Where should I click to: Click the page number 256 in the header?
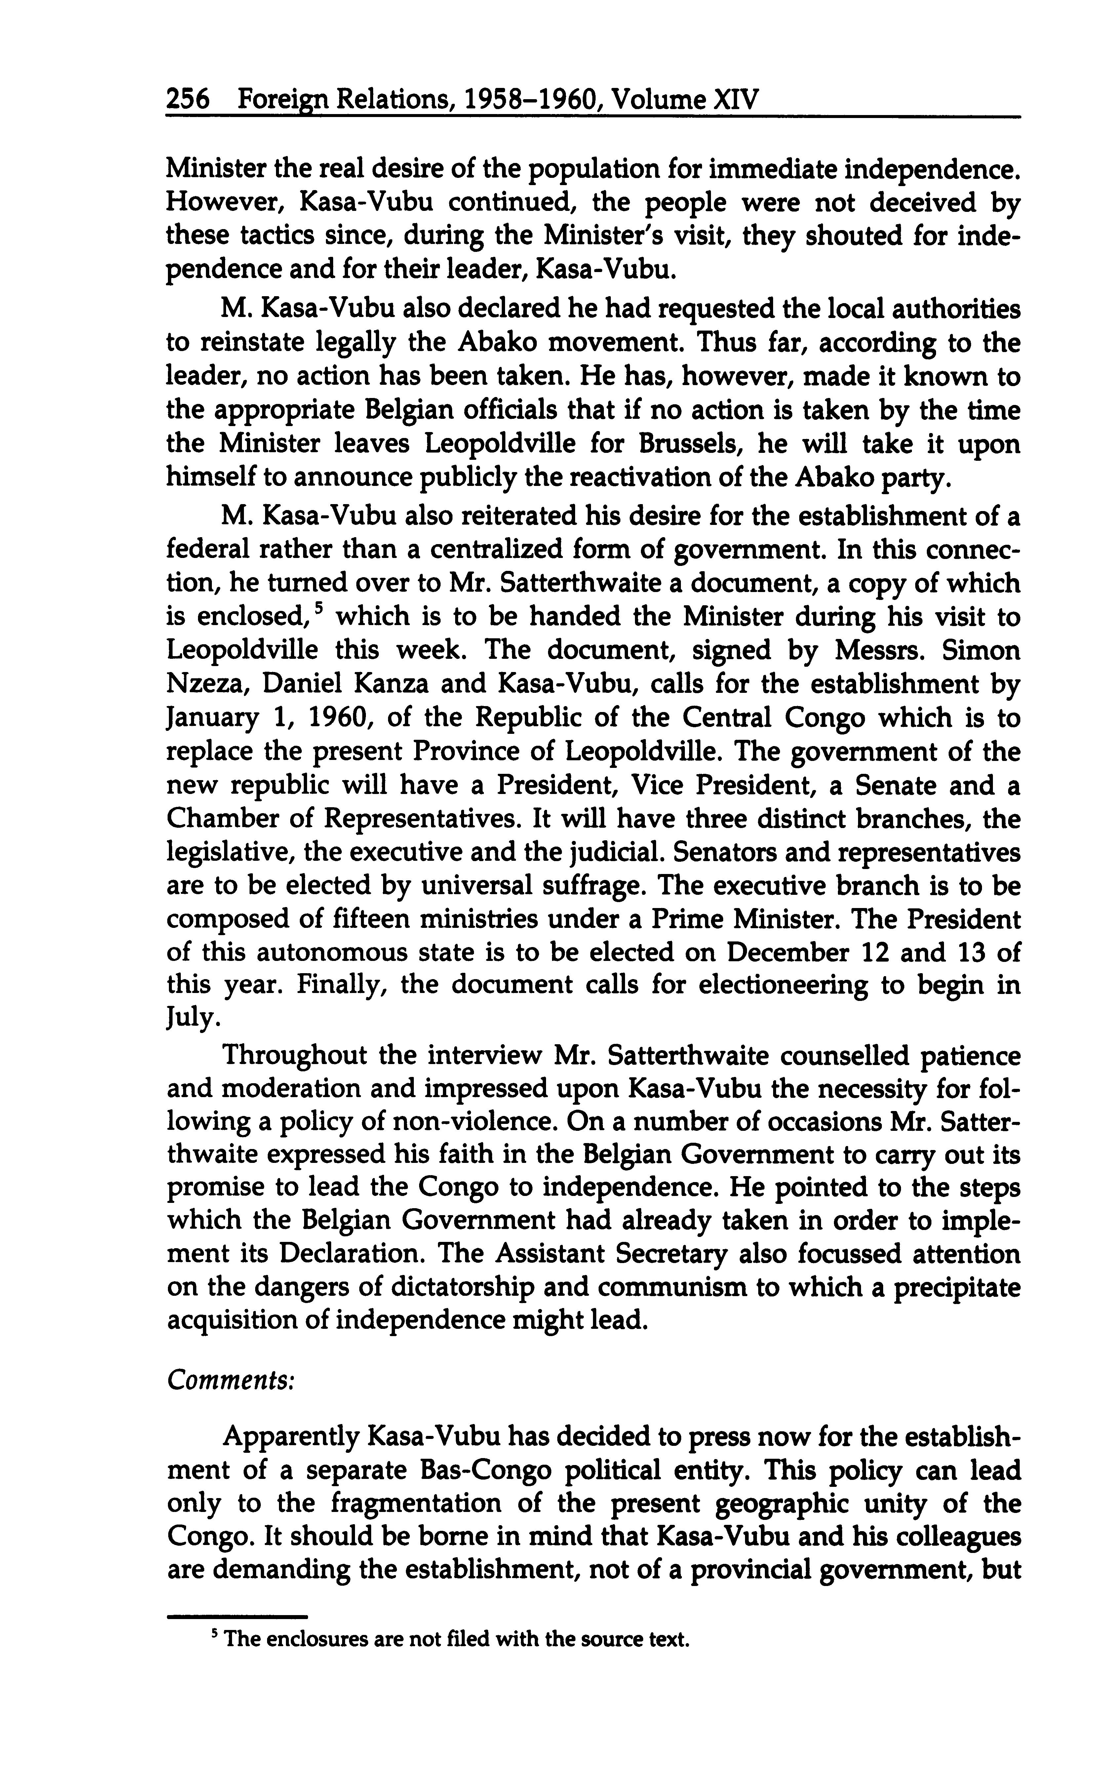(188, 99)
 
